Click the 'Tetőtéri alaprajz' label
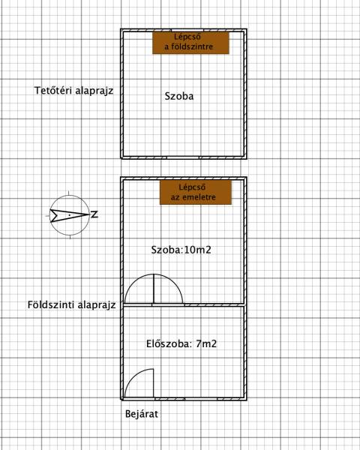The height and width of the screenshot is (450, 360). point(73,91)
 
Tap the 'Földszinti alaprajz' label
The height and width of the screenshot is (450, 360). point(71,304)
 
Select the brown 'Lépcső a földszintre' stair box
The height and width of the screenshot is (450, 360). point(190,43)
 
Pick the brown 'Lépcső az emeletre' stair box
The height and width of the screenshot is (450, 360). point(196,192)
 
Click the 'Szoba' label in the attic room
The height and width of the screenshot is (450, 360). point(179,96)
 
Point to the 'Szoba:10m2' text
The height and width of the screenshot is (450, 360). point(181,250)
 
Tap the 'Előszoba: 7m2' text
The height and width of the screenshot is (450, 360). point(181,343)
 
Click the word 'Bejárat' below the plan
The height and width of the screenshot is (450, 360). point(142,414)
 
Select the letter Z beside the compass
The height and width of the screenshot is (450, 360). point(94,214)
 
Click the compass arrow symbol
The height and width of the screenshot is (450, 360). point(70,215)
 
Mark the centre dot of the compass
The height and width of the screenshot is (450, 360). point(70,215)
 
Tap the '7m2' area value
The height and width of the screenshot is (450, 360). point(206,343)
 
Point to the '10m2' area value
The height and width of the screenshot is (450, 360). point(198,250)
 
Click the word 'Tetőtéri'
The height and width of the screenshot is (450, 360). point(53,91)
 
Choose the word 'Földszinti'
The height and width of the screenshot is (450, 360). point(48,304)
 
